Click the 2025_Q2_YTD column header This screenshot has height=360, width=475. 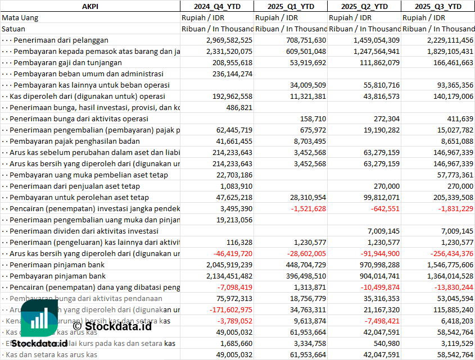(364, 6)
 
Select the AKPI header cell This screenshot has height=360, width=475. (90, 6)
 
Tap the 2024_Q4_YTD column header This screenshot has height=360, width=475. (216, 6)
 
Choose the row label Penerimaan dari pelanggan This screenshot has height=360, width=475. (61, 40)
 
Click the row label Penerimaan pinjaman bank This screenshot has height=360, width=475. (58, 265)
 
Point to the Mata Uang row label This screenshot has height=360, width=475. (20, 17)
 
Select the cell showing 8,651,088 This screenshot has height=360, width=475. (453, 141)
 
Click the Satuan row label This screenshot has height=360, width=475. (13, 29)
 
